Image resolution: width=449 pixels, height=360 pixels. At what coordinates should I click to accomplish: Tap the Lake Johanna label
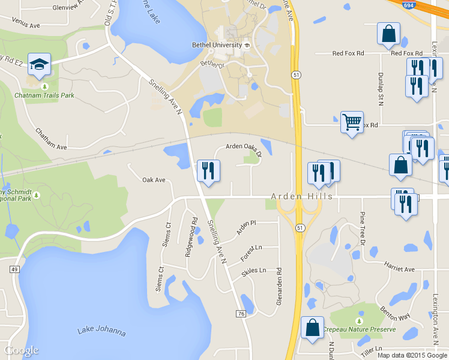[101, 331]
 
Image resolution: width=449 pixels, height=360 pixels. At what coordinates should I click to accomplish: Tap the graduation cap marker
[40, 65]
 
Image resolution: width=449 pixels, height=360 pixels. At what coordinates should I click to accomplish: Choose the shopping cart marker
[351, 122]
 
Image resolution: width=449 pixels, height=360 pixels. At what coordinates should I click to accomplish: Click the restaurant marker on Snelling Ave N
[208, 170]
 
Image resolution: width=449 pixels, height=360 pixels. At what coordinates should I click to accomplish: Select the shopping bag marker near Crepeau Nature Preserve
[312, 328]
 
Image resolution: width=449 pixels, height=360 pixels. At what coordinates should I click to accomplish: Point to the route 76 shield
[241, 314]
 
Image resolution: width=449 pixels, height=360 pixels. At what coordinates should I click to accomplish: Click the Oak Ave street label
[154, 180]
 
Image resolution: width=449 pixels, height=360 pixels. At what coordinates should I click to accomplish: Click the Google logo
[22, 350]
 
